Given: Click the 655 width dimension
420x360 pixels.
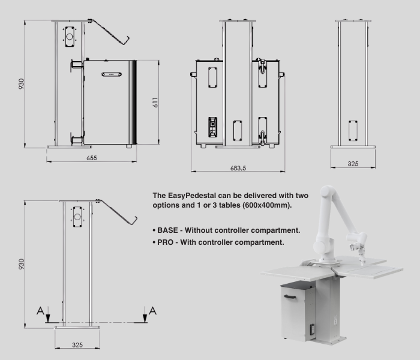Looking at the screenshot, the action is coord(92,158).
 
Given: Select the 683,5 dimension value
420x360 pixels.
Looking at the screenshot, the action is coord(238,168).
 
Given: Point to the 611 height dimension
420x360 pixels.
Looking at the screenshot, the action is coord(155,103).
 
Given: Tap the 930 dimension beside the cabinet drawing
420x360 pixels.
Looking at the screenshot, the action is coord(21,84).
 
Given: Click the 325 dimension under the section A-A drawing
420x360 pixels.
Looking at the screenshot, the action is coord(77,345).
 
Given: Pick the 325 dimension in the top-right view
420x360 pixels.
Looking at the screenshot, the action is coord(353,164).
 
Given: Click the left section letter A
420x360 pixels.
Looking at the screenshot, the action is coord(40,311).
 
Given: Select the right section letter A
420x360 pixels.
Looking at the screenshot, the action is coord(152,311).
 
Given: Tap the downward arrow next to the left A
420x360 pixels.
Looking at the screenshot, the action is coord(48,315).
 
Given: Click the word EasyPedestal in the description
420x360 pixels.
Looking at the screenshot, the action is coord(192,196).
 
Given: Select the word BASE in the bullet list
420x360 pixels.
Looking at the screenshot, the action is coord(167,230).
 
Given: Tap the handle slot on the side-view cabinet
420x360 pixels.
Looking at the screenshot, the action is coord(112,74).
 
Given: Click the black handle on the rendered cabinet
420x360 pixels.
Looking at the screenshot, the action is coord(290,296).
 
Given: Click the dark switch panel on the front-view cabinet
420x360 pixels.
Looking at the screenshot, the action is coord(212,127).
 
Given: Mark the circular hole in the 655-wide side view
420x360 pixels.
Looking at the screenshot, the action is coord(70,37).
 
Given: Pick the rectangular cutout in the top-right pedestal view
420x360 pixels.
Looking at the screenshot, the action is coord(353,131).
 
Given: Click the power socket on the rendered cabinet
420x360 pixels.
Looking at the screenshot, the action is coord(313,329).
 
